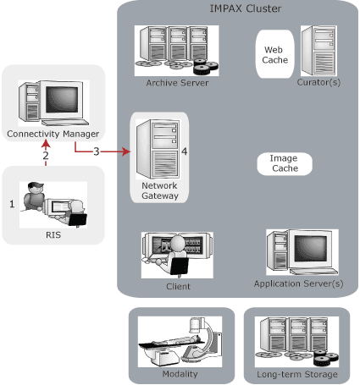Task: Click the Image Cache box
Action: pyautogui.click(x=284, y=163)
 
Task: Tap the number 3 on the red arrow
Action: pyautogui.click(x=97, y=151)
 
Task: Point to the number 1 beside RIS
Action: pyautogui.click(x=12, y=204)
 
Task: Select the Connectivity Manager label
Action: pyautogui.click(x=53, y=134)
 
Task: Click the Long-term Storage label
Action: pyautogui.click(x=296, y=373)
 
